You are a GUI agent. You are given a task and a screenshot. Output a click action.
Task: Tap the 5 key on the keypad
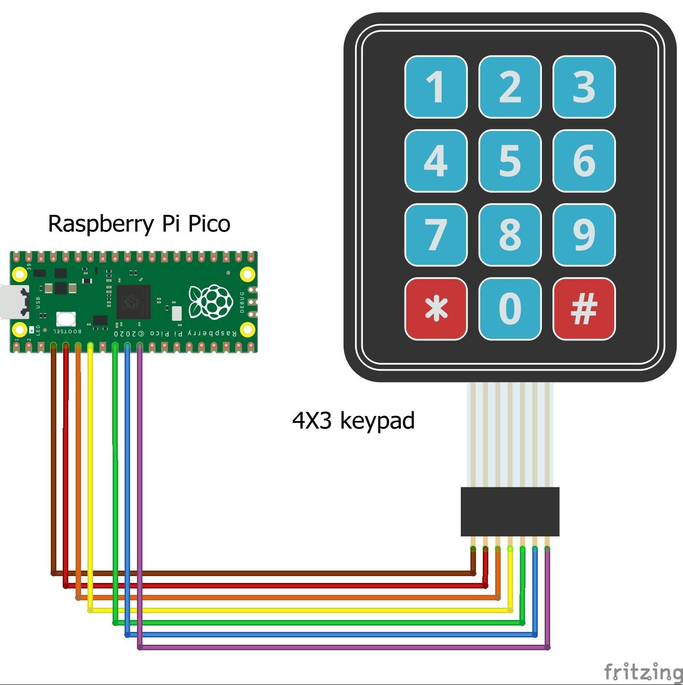click(510, 161)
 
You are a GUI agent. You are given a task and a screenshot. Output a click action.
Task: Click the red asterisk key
click(436, 308)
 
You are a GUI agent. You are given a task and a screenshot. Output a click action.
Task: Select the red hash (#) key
click(584, 308)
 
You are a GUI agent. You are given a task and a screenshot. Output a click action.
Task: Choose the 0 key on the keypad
click(510, 308)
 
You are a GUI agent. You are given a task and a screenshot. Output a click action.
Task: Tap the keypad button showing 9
click(584, 235)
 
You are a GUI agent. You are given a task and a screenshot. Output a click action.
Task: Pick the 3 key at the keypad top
click(584, 86)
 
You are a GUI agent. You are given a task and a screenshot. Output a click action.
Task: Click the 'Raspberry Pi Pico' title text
click(139, 224)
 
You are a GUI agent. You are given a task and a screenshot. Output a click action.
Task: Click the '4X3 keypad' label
click(353, 420)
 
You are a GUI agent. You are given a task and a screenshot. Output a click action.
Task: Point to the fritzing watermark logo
click(643, 672)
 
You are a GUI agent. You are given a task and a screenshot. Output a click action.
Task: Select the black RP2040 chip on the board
click(133, 302)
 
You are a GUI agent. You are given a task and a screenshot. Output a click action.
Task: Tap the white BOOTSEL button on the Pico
click(66, 319)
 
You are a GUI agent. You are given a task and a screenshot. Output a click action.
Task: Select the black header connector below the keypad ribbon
click(510, 511)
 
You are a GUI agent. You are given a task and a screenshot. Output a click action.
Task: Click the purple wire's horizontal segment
click(344, 647)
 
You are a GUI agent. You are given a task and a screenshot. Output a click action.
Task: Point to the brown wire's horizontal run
click(261, 573)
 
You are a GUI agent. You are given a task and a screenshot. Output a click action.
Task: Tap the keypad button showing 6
click(584, 161)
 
